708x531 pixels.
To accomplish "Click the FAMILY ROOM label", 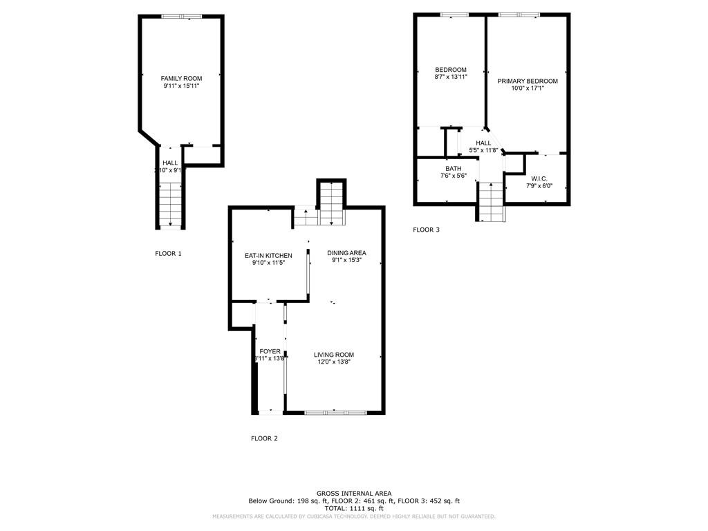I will [181, 79].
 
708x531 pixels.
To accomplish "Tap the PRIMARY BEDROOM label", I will [528, 81].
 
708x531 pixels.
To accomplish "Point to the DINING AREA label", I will [346, 253].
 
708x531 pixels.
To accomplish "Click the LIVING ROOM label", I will [335, 355].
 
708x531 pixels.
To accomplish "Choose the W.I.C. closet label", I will [539, 178].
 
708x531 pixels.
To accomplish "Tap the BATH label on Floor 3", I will [454, 169].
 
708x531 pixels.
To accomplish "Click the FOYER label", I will [270, 351].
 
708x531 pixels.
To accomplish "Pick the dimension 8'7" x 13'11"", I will [451, 77].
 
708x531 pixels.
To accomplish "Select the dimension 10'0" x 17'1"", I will [528, 88].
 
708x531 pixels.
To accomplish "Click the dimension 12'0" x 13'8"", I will [335, 362].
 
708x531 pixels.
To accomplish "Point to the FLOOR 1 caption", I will [168, 254].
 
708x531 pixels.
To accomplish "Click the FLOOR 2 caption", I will [264, 438].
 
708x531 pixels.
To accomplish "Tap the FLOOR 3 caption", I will [426, 230].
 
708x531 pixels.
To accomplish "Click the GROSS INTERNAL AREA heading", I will [354, 493].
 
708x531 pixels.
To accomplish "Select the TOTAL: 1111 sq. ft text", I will [354, 508].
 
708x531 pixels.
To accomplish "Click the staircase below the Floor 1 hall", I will [170, 204].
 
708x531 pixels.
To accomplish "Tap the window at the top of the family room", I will [181, 16].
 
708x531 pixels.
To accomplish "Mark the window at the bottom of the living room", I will [335, 413].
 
